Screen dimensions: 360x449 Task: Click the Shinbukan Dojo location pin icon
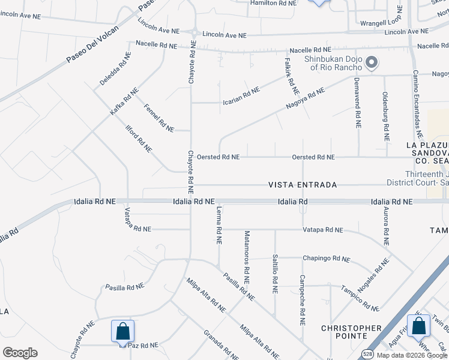click(372, 62)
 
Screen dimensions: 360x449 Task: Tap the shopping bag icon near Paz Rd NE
click(122, 331)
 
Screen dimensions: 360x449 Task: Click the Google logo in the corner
click(20, 353)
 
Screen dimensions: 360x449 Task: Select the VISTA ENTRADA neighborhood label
click(302, 185)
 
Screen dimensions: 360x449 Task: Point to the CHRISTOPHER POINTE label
click(351, 332)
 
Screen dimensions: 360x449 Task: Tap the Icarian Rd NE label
click(241, 95)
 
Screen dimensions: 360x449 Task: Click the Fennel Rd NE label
click(159, 118)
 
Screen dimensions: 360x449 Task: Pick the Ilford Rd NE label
click(138, 139)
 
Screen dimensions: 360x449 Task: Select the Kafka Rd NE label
click(124, 101)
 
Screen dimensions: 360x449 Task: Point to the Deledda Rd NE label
click(116, 69)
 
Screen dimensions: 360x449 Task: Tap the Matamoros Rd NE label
click(246, 257)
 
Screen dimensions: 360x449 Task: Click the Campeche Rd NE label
click(302, 300)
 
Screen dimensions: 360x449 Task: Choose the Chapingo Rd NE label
click(327, 259)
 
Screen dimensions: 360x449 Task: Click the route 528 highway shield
click(368, 353)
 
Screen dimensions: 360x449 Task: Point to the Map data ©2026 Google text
click(412, 355)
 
